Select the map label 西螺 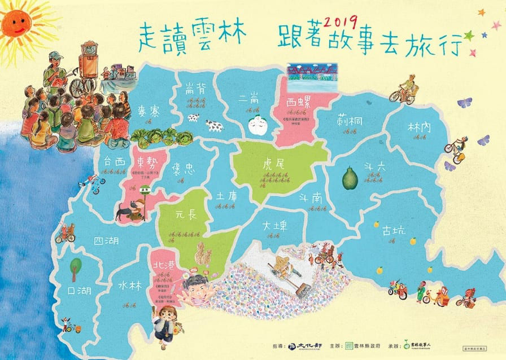[x=299, y=103]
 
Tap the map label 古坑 [x=393, y=230]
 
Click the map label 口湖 [x=78, y=291]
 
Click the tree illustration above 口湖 [x=74, y=269]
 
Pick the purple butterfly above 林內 [x=464, y=103]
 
